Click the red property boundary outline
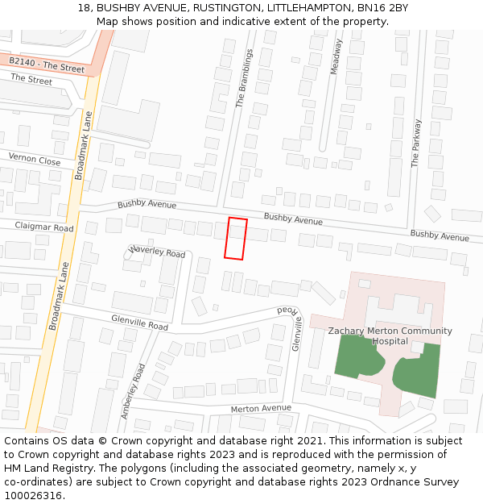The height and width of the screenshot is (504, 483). coord(235,239)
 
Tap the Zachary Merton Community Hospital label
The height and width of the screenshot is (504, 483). coord(390,335)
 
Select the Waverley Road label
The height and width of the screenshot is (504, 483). coord(157,252)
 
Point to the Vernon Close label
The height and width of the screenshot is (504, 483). coord(35,160)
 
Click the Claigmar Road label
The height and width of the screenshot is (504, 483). coord(44,227)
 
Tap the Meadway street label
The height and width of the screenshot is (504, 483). coord(336,56)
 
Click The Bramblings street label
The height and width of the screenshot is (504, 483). coord(244,78)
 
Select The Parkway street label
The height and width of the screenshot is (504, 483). coord(416,143)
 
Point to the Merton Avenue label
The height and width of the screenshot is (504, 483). coord(261,408)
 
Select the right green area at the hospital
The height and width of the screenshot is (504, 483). coord(419,370)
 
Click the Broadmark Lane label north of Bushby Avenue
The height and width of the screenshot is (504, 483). coord(83,145)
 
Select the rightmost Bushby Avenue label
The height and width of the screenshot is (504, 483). coord(439,235)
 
